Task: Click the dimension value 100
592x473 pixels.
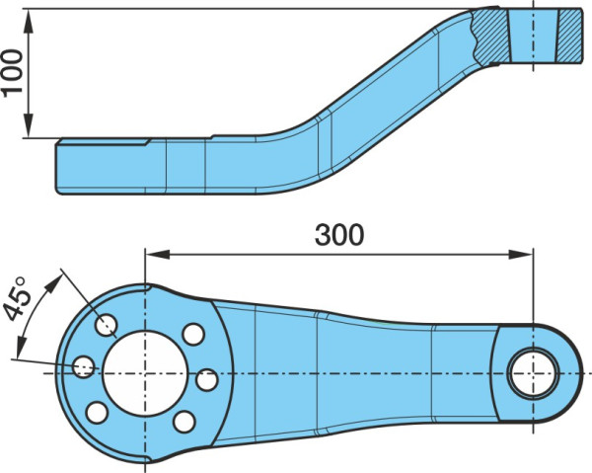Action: point(12,73)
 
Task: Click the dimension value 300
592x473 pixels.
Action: point(339,235)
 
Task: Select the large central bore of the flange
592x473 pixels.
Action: point(145,373)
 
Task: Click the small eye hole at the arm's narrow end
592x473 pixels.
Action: point(533,373)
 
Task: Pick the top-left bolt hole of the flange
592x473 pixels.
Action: point(107,325)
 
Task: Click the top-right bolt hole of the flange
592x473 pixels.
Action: point(193,334)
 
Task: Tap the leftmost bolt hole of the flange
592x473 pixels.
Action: point(84,366)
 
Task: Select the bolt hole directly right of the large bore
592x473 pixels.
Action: point(207,380)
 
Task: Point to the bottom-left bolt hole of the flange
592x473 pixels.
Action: point(97,413)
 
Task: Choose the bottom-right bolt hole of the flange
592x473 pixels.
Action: point(185,422)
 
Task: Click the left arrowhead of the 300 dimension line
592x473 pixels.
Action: point(157,254)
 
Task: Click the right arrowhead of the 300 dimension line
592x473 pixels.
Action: point(521,254)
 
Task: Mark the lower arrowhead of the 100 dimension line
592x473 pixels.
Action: point(29,125)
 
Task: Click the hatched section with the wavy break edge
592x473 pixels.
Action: point(490,36)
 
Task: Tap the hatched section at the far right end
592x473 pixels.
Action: point(569,36)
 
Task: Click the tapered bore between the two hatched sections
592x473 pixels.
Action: point(533,36)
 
